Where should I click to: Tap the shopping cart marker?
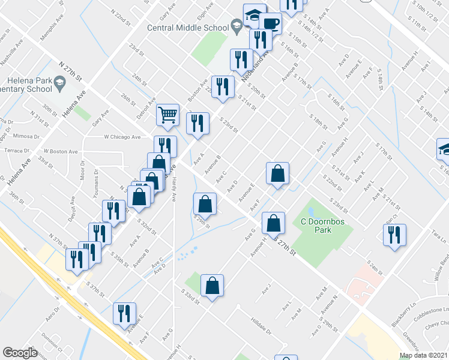point(167,114)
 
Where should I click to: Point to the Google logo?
point(20,352)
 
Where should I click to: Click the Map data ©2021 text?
point(424,355)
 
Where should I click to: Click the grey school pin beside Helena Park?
point(60,86)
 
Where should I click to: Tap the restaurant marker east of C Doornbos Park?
point(394,235)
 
